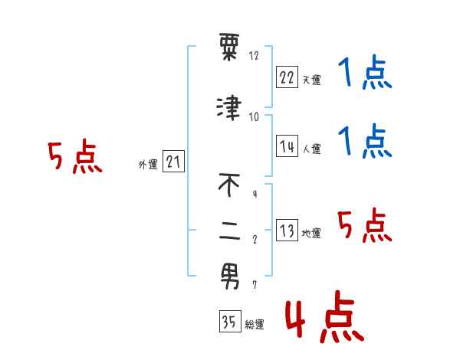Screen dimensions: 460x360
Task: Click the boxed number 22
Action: coord(287,77)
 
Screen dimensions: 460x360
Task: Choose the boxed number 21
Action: coord(173,162)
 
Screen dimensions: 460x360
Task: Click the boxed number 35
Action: coord(229,322)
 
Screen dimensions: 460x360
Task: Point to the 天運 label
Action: coord(311,80)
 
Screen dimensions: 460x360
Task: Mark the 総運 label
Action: coord(254,325)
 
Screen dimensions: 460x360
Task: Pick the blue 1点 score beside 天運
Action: coord(364,74)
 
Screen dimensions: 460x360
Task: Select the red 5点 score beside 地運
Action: coord(364,225)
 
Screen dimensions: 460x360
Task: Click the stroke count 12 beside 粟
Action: coord(254,56)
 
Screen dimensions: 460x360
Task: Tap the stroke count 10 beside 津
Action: coord(254,116)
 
